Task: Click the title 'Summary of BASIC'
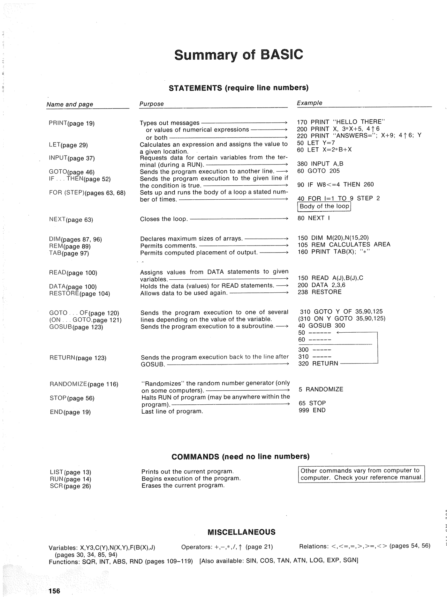pyautogui.click(x=239, y=55)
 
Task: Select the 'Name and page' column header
pyautogui.click(x=70, y=104)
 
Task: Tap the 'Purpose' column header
pyautogui.click(x=151, y=104)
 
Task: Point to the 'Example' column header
pyautogui.click(x=309, y=103)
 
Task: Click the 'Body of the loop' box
pyautogui.click(x=324, y=206)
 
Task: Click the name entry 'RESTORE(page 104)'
pyautogui.click(x=80, y=293)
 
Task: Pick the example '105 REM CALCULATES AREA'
pyautogui.click(x=344, y=245)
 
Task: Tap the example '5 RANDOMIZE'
pyautogui.click(x=321, y=389)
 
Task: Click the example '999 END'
pyautogui.click(x=312, y=410)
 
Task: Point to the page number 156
pyautogui.click(x=54, y=591)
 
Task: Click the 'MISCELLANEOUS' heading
pyautogui.click(x=241, y=532)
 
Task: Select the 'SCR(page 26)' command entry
pyautogui.click(x=71, y=486)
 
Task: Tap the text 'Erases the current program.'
pyautogui.click(x=183, y=485)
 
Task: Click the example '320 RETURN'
pyautogui.click(x=318, y=364)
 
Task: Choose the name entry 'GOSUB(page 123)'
pyautogui.click(x=76, y=327)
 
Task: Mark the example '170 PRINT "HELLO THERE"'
pyautogui.click(x=341, y=122)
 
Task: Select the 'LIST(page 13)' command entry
pyautogui.click(x=71, y=472)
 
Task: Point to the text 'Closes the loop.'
pyautogui.click(x=164, y=219)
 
